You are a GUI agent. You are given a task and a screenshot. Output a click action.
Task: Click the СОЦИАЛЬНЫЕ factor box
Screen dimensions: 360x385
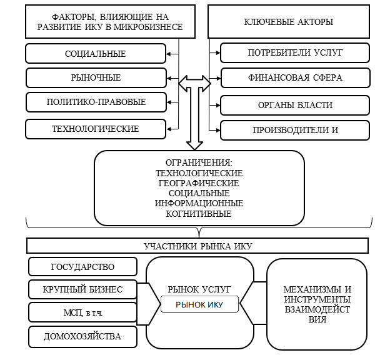[96, 54]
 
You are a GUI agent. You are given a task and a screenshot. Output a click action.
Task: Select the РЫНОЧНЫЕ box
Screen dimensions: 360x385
[96, 77]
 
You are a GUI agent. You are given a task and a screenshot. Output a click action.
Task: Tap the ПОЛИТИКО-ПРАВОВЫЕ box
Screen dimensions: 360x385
[96, 101]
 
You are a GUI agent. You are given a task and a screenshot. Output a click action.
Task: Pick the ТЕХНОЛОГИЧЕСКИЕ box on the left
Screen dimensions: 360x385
[96, 129]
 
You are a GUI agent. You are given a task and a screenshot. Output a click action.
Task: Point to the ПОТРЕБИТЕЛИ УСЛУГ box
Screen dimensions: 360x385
[291, 52]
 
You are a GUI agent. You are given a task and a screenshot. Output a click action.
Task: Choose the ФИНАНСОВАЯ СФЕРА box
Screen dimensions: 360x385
[291, 78]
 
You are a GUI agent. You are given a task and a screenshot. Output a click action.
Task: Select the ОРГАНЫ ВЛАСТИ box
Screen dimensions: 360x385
[291, 104]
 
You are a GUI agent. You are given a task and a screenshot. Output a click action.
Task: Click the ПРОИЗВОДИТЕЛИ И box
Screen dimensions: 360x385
[291, 130]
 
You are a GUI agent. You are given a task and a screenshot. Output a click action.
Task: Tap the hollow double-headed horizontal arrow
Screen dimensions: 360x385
[195, 82]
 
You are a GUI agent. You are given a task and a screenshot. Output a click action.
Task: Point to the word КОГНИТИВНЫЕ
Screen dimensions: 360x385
[199, 214]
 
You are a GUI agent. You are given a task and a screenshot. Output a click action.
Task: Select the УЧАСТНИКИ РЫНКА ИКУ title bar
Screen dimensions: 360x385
[199, 246]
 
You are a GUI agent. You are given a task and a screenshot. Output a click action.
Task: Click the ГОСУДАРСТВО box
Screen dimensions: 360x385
[82, 267]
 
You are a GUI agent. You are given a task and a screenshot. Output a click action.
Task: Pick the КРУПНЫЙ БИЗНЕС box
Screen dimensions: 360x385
[82, 289]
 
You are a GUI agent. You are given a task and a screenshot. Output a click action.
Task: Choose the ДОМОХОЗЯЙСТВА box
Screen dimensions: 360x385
[82, 337]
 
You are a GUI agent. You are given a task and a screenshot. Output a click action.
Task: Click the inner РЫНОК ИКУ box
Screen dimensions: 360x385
[199, 304]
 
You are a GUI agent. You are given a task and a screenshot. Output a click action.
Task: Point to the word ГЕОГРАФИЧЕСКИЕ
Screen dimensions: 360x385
[199, 183]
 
